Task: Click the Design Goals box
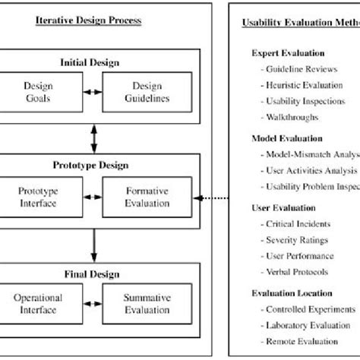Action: [39, 92]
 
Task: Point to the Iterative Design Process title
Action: [88, 21]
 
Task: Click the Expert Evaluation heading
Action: [288, 54]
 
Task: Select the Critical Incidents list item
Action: [298, 225]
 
